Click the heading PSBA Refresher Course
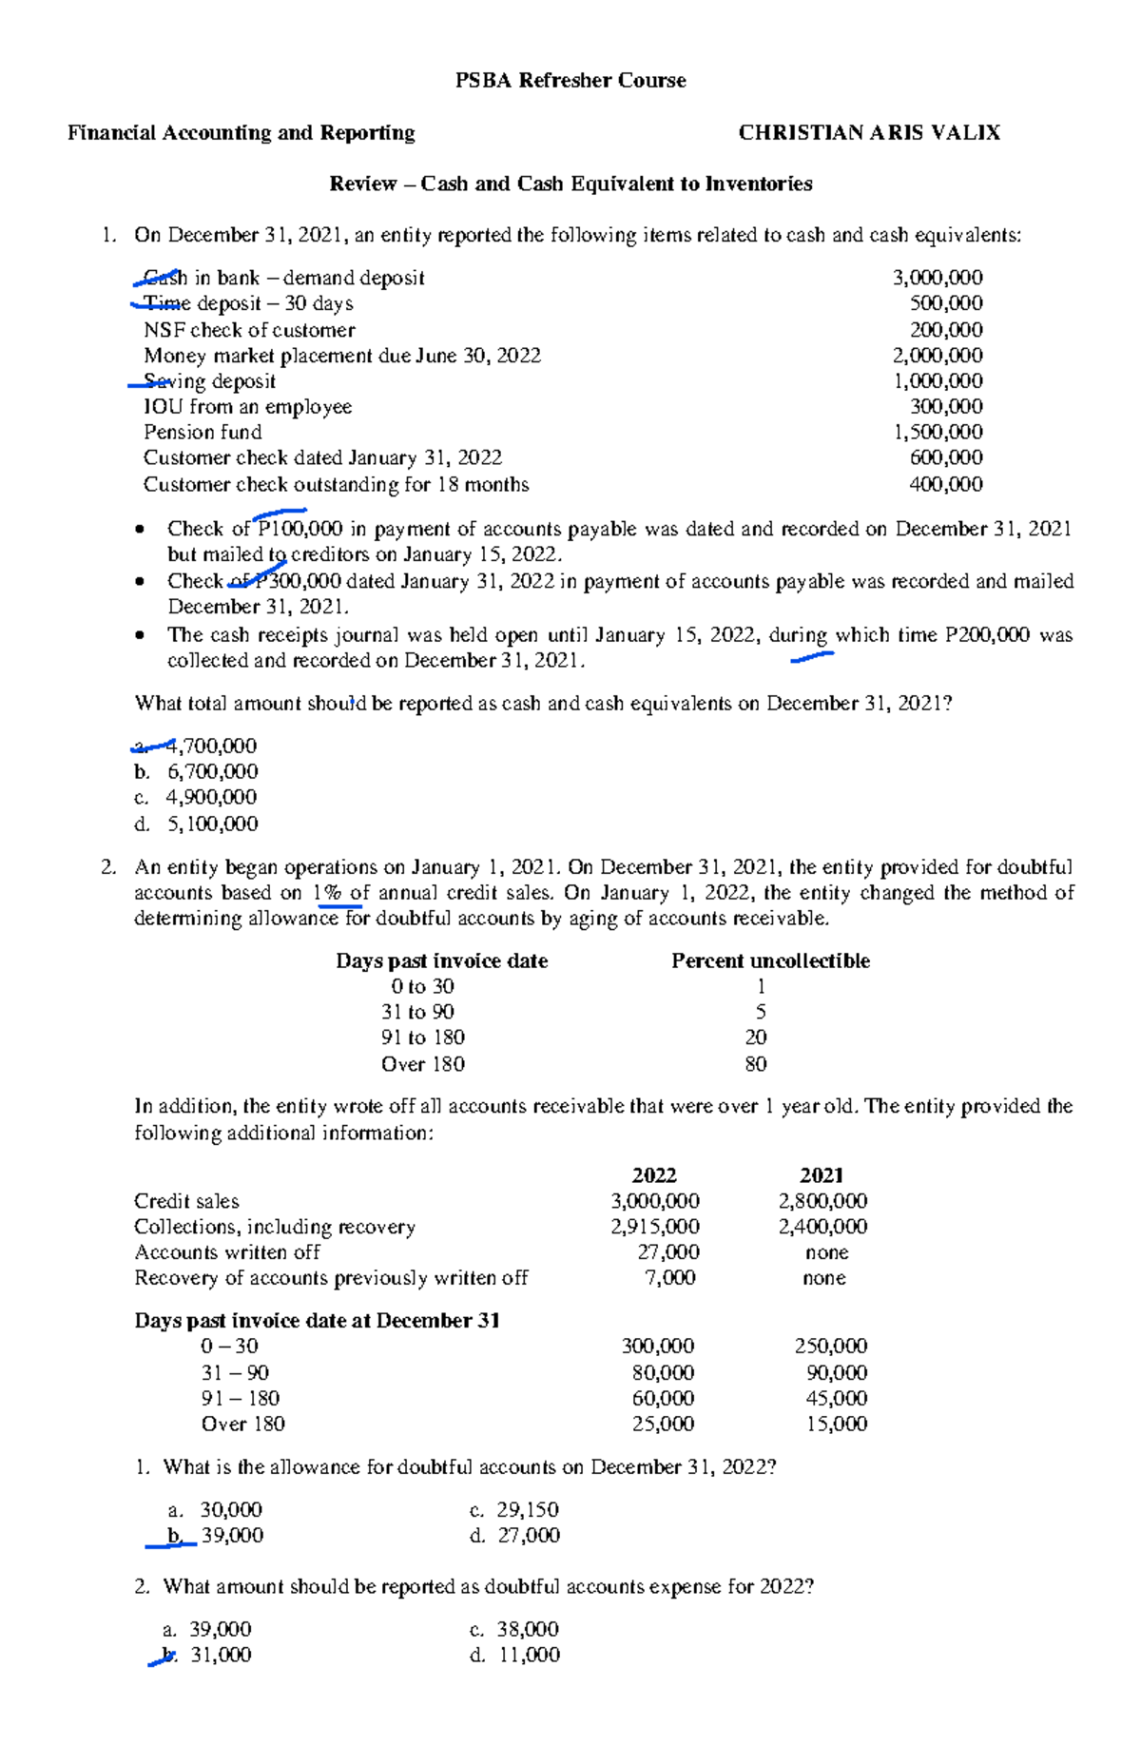(570, 81)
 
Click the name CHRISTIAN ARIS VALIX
(869, 133)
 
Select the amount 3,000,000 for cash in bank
(937, 278)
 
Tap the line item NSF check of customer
(249, 330)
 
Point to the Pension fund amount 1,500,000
(937, 432)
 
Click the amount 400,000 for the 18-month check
(946, 484)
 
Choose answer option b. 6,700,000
(197, 771)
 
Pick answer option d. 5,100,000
(197, 824)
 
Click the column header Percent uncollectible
(770, 960)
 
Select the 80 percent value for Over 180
(756, 1064)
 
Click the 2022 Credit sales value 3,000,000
(655, 1201)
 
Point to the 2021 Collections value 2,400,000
(822, 1227)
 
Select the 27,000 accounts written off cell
(667, 1252)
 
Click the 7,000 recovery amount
(670, 1278)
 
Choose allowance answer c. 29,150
(514, 1509)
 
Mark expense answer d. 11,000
(514, 1655)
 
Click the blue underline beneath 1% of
(340, 907)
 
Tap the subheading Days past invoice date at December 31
(317, 1321)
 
